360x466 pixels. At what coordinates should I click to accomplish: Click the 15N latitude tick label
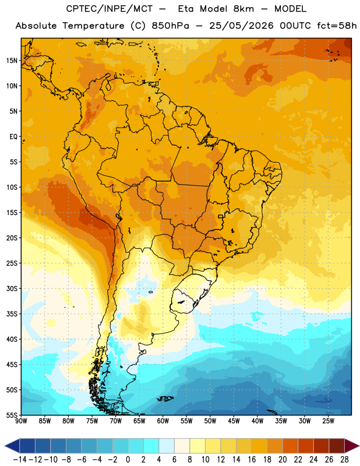click(12, 61)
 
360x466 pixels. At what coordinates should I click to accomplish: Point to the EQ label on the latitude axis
click(13, 137)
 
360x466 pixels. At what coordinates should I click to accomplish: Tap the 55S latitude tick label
click(12, 415)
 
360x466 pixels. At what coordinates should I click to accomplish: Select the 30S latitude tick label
click(12, 288)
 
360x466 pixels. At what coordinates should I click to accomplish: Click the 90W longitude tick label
click(21, 421)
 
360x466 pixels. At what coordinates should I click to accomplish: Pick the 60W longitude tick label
click(163, 421)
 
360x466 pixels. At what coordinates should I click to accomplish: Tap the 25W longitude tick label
click(328, 421)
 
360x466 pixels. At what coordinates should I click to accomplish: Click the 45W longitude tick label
click(234, 421)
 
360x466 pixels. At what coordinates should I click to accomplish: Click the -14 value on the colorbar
click(20, 460)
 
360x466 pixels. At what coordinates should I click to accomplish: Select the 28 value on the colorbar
click(344, 460)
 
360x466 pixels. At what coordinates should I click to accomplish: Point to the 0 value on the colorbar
click(128, 460)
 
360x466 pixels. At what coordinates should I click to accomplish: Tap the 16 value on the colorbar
click(252, 460)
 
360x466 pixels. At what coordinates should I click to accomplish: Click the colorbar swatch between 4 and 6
click(167, 446)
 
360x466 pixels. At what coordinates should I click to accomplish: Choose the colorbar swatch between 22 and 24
click(306, 446)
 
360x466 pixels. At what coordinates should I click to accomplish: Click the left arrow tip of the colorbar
click(5, 446)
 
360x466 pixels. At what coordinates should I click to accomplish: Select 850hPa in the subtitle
click(170, 26)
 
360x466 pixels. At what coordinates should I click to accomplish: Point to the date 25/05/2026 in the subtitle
click(241, 26)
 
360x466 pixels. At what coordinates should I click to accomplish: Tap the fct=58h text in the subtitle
click(337, 26)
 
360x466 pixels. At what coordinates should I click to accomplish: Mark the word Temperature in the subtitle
click(93, 26)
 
